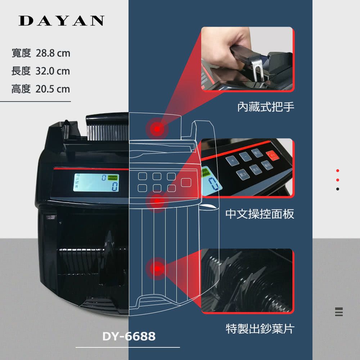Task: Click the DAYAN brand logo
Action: click(x=62, y=21)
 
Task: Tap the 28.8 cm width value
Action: click(x=53, y=54)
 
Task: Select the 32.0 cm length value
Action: click(x=53, y=71)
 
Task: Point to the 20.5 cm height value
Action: click(x=53, y=89)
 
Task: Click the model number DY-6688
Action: click(x=129, y=336)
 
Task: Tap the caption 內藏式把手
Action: click(x=266, y=107)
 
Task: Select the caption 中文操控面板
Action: click(x=260, y=214)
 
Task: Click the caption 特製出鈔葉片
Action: click(x=260, y=328)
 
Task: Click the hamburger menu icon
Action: click(x=338, y=312)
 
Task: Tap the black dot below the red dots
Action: click(x=338, y=189)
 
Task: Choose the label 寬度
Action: click(x=21, y=54)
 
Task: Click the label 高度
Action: click(x=21, y=89)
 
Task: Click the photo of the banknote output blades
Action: click(x=247, y=281)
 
